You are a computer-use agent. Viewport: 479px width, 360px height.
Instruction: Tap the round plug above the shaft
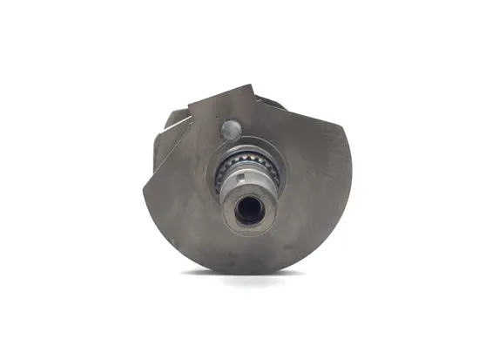tap(231, 131)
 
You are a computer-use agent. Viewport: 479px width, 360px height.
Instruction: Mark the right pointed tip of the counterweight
tap(347, 128)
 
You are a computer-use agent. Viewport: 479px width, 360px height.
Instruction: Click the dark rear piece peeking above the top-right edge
tap(272, 102)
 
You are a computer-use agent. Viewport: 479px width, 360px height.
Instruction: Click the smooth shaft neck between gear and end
tap(248, 185)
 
